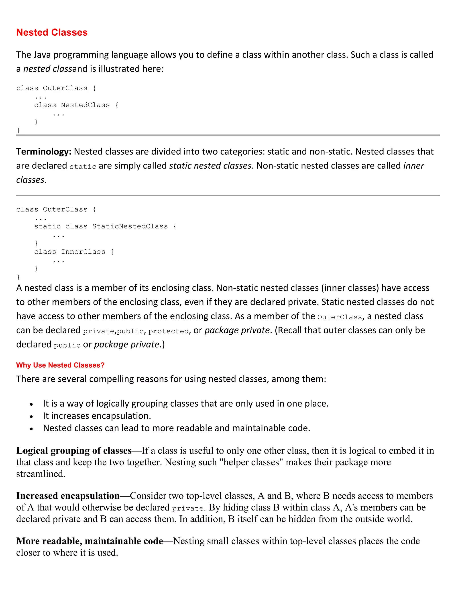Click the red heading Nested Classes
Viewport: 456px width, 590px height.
click(x=52, y=33)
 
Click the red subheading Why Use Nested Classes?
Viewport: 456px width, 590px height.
click(x=60, y=365)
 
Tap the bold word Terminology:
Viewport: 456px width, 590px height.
click(x=44, y=152)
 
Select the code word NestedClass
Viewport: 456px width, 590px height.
click(x=85, y=105)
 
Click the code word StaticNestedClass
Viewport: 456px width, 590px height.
click(x=130, y=226)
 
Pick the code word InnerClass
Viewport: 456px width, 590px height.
click(x=83, y=252)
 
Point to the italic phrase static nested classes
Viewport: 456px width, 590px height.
click(x=210, y=166)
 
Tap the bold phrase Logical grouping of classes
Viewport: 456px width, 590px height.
click(x=74, y=451)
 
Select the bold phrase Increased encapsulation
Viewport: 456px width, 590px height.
click(x=68, y=496)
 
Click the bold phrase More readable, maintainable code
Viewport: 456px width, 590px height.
click(x=90, y=541)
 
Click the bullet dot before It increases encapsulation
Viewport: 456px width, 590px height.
click(x=31, y=417)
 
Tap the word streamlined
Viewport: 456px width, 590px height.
click(x=41, y=474)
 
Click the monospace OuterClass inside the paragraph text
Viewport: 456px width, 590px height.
click(x=340, y=317)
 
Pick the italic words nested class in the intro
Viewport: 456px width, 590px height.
click(x=48, y=69)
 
